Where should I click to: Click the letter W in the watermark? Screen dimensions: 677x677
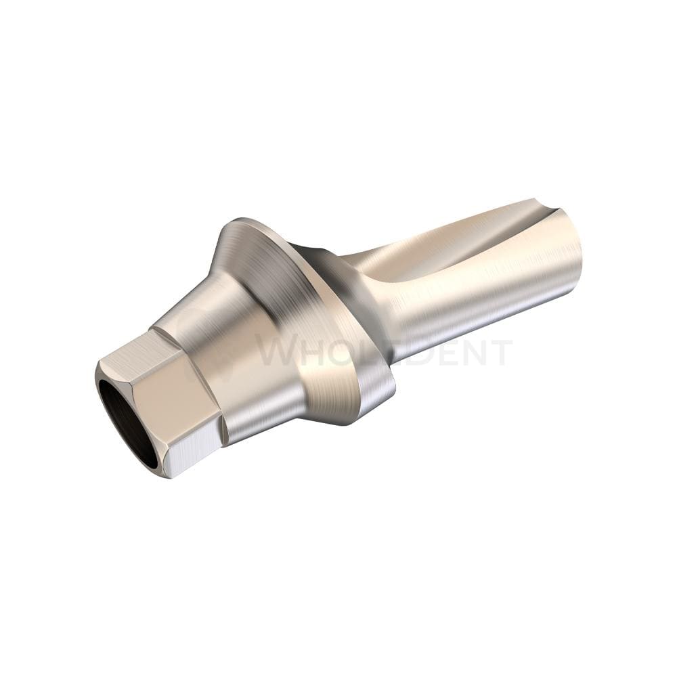click(280, 353)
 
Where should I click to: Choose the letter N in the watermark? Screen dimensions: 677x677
click(471, 353)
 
